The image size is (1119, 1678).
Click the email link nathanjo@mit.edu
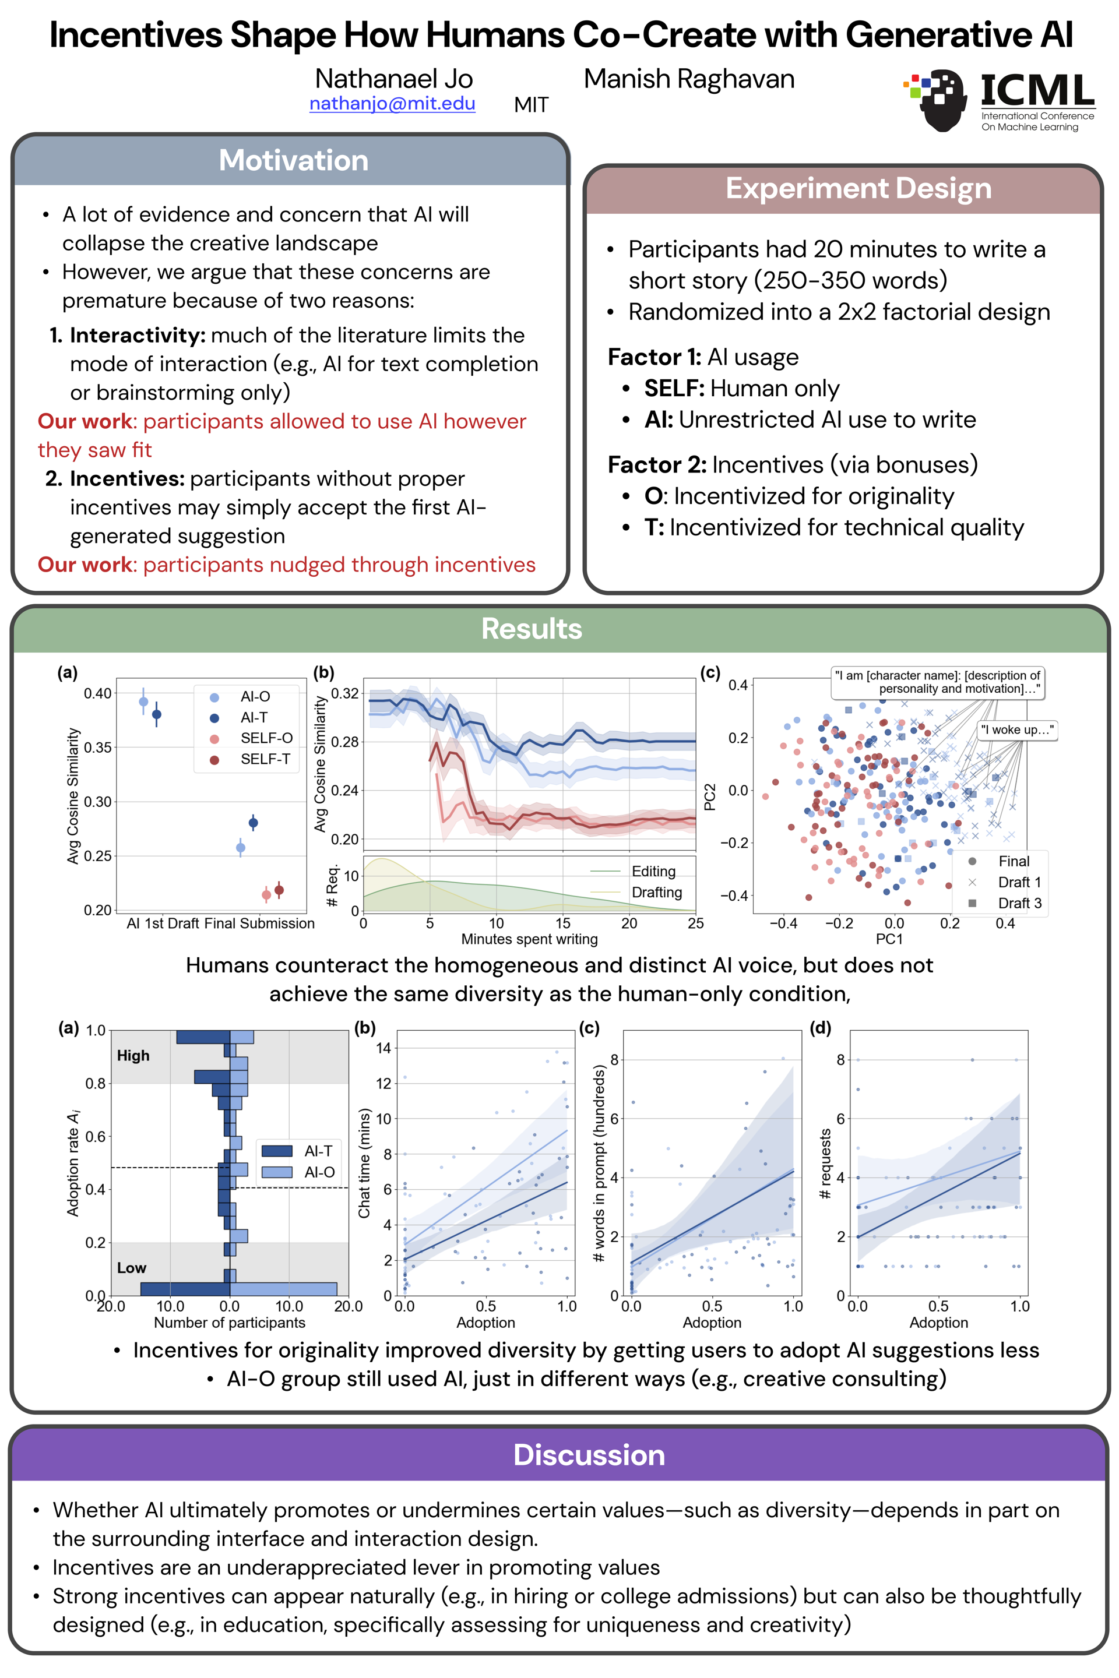pyautogui.click(x=392, y=104)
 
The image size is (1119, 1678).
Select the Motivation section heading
pyautogui.click(x=293, y=161)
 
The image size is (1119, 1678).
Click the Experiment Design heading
pyautogui.click(x=858, y=188)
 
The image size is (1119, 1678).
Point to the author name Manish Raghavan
pyautogui.click(x=689, y=79)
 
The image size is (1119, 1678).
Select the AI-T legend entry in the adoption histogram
pyautogui.click(x=298, y=1151)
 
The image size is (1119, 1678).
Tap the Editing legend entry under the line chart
pyautogui.click(x=636, y=871)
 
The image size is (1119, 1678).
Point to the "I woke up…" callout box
pyautogui.click(x=1016, y=730)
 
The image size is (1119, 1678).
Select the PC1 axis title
pyautogui.click(x=889, y=939)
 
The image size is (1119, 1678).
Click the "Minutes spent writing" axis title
pyautogui.click(x=530, y=939)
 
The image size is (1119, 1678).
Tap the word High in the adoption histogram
pyautogui.click(x=133, y=1055)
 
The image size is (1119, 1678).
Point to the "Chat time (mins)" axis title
pyautogui.click(x=365, y=1163)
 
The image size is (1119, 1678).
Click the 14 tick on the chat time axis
pyautogui.click(x=384, y=1048)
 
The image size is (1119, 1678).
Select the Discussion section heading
pyautogui.click(x=589, y=1455)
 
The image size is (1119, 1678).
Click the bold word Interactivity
pyautogui.click(x=138, y=336)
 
